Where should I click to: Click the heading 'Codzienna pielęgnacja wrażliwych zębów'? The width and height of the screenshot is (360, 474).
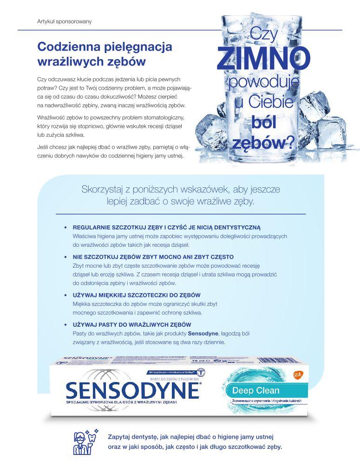pyautogui.click(x=105, y=54)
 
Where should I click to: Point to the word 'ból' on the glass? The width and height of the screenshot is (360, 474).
pyautogui.click(x=263, y=123)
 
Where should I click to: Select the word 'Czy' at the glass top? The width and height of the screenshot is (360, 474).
pyautogui.click(x=263, y=34)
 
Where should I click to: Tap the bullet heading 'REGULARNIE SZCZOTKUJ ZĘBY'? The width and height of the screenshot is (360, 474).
pyautogui.click(x=167, y=228)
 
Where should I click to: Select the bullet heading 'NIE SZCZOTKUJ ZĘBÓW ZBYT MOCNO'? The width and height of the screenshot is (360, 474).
pyautogui.click(x=153, y=257)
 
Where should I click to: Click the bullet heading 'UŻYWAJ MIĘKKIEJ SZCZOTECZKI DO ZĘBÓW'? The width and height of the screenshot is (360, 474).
pyautogui.click(x=137, y=295)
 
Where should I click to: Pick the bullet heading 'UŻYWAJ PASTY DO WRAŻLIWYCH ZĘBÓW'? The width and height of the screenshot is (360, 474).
pyautogui.click(x=132, y=324)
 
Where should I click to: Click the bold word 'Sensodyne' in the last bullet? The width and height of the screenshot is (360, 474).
pyautogui.click(x=202, y=333)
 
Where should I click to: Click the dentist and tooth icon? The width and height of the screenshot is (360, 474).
pyautogui.click(x=84, y=442)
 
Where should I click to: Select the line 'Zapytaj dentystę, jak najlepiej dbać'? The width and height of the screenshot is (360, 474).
pyautogui.click(x=190, y=437)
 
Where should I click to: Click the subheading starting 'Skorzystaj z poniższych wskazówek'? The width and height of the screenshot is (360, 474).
pyautogui.click(x=180, y=195)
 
